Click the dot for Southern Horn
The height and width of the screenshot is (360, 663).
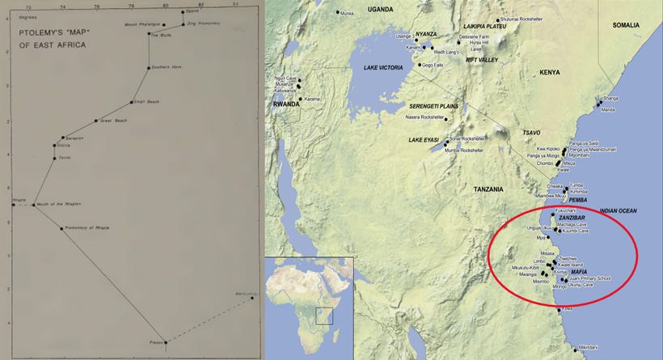148,67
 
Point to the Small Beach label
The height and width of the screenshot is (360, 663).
145,102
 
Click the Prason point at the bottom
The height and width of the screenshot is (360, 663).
164,342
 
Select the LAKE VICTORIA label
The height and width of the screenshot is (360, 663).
383,67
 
